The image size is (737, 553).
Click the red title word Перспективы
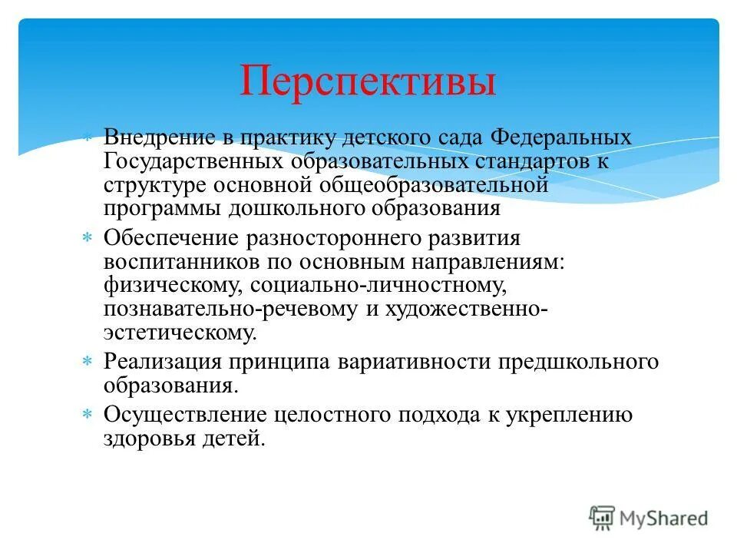click(x=368, y=81)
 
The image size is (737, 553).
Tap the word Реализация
click(x=163, y=362)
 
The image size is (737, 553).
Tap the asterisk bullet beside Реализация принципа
click(x=88, y=362)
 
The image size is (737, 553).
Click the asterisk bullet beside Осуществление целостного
click(x=88, y=415)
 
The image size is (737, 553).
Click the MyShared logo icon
click(x=603, y=518)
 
